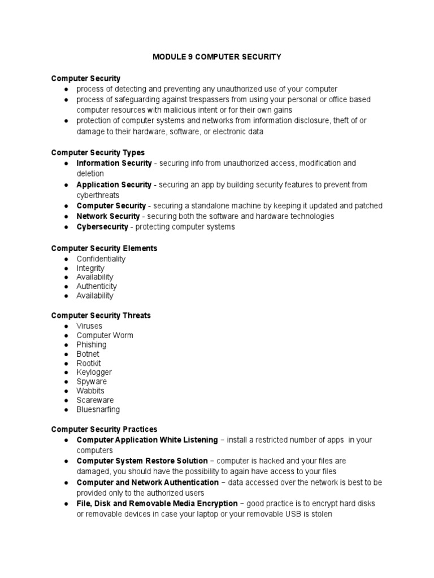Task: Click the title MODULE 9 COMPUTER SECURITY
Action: click(x=217, y=57)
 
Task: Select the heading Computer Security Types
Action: click(x=98, y=152)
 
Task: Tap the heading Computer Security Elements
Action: click(x=104, y=248)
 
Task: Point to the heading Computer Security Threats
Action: click(x=101, y=316)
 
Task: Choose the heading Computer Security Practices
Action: click(x=104, y=430)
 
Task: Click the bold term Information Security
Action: click(x=114, y=163)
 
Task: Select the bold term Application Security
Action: click(x=114, y=185)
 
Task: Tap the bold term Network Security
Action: click(x=108, y=216)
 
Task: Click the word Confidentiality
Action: click(x=101, y=259)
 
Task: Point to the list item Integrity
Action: click(x=90, y=268)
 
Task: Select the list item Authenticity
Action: click(x=97, y=286)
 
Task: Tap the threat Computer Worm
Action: click(x=105, y=335)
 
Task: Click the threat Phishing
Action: click(x=92, y=344)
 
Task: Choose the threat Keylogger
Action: click(x=94, y=372)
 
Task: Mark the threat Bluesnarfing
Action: click(x=98, y=409)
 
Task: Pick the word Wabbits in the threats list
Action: click(x=90, y=391)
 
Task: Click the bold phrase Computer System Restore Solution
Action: click(x=142, y=461)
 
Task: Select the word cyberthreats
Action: click(x=98, y=195)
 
